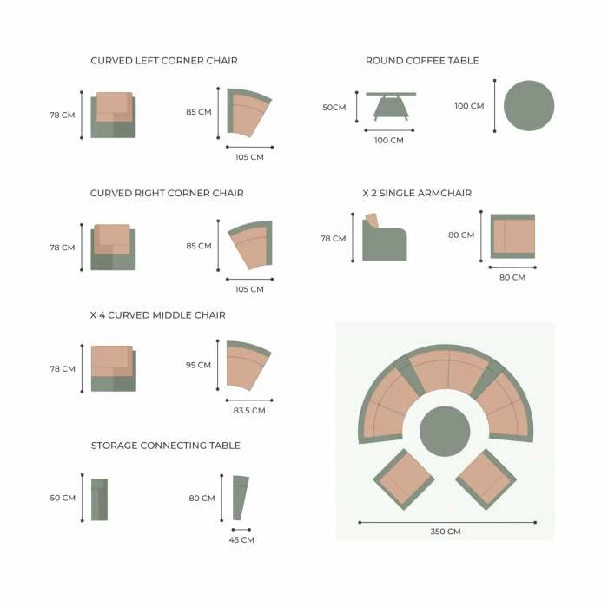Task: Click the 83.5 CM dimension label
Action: pos(249,410)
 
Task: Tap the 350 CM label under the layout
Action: pos(446,532)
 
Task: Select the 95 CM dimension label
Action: pos(198,365)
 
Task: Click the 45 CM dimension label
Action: pos(241,539)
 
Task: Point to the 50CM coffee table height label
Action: pos(334,108)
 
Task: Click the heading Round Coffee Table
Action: pos(422,61)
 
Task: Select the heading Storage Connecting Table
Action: pos(166,446)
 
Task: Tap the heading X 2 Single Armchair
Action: pos(417,193)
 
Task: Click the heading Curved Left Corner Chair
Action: pos(164,61)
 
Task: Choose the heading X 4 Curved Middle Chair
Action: pos(158,315)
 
